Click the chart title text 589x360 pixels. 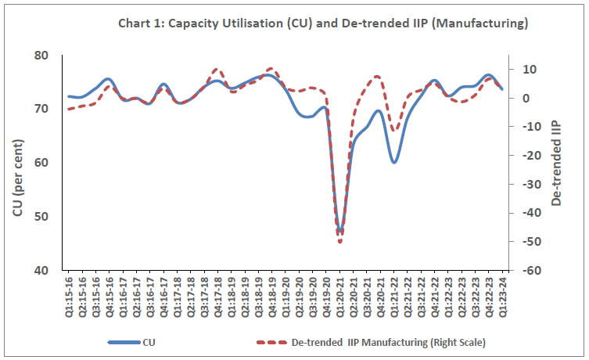pyautogui.click(x=322, y=23)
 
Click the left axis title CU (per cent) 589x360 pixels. pyautogui.click(x=16, y=163)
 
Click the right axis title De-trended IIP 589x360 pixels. pyautogui.click(x=556, y=163)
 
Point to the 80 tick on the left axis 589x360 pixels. pyautogui.click(x=40, y=56)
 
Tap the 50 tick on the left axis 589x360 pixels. pyautogui.click(x=40, y=217)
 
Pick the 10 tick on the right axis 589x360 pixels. pyautogui.click(x=520, y=70)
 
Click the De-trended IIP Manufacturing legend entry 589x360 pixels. pyautogui.click(x=368, y=342)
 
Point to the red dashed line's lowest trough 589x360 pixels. pyautogui.click(x=340, y=242)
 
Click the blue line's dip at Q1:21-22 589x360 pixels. pyautogui.click(x=394, y=162)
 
